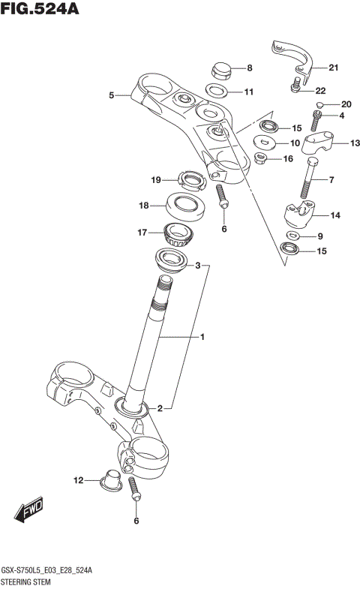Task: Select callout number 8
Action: click(x=250, y=68)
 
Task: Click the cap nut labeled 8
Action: click(x=220, y=70)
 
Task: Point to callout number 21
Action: click(x=333, y=68)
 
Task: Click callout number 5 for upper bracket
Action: click(x=111, y=95)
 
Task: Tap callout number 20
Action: click(x=346, y=104)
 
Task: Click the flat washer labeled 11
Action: click(x=218, y=92)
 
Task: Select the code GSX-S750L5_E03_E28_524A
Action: click(x=47, y=571)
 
